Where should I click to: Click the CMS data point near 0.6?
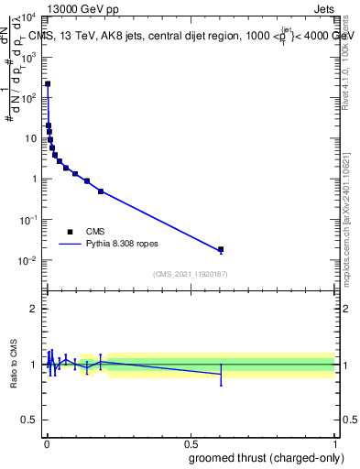point(221,249)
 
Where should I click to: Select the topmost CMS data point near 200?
point(48,83)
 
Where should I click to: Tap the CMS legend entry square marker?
point(70,232)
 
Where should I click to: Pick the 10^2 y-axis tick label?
point(27,98)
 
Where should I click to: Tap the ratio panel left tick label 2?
point(35,309)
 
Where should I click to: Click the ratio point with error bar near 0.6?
point(221,374)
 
